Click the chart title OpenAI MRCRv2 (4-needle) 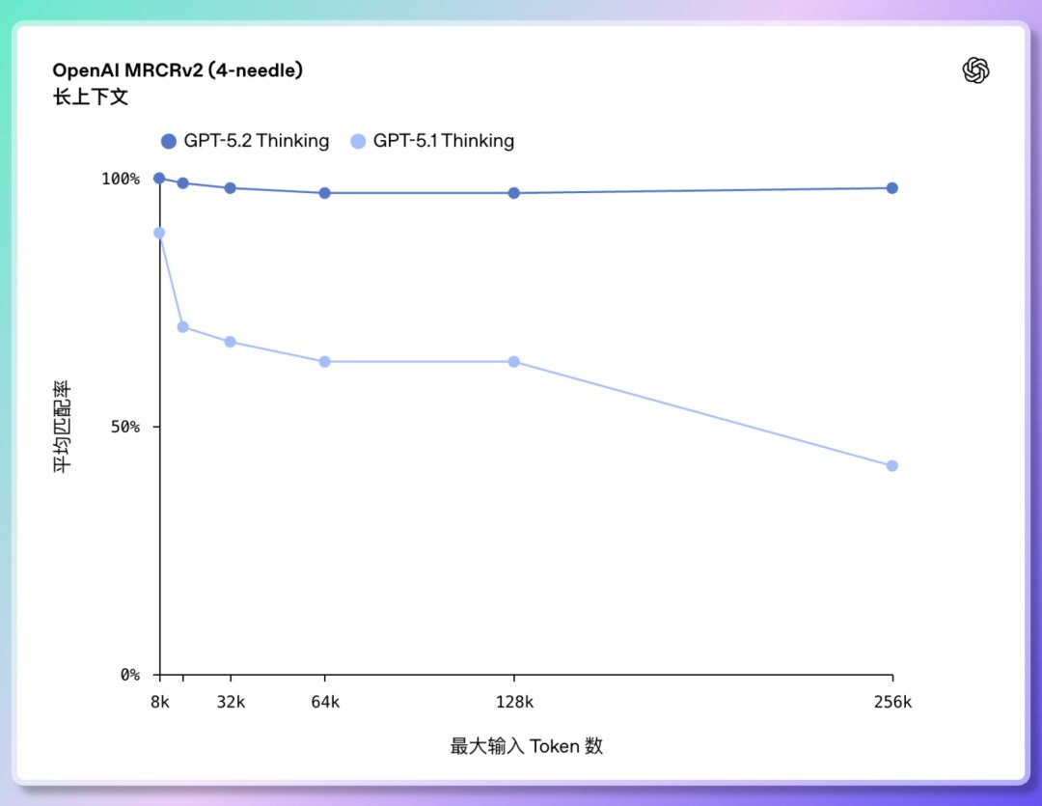coord(178,70)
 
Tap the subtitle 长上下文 coord(90,97)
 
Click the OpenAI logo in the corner coord(976,70)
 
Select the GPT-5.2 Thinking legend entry coord(245,141)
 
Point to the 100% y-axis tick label coord(121,179)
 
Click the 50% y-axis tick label coord(124,427)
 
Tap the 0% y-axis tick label coord(128,675)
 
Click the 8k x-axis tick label coord(159,703)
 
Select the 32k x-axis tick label coord(231,703)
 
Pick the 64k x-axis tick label coord(325,703)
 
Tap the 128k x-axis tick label coord(514,703)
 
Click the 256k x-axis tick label coord(892,703)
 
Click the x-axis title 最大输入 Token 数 coord(526,746)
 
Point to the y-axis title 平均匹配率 coord(62,427)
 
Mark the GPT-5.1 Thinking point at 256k coord(892,466)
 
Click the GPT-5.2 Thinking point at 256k coord(892,188)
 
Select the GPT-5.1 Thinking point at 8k coord(159,233)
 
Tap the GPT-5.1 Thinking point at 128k coord(514,362)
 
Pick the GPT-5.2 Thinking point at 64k coord(325,193)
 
